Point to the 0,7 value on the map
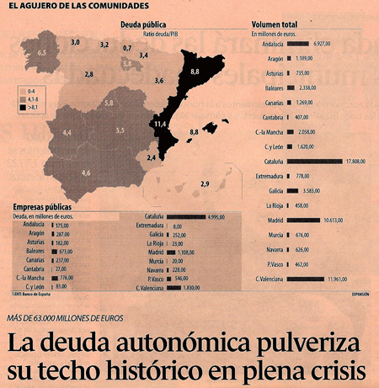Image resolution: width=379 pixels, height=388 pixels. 127,49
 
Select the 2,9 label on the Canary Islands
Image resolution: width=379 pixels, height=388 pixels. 205,183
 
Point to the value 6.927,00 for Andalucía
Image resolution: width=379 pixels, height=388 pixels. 329,42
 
